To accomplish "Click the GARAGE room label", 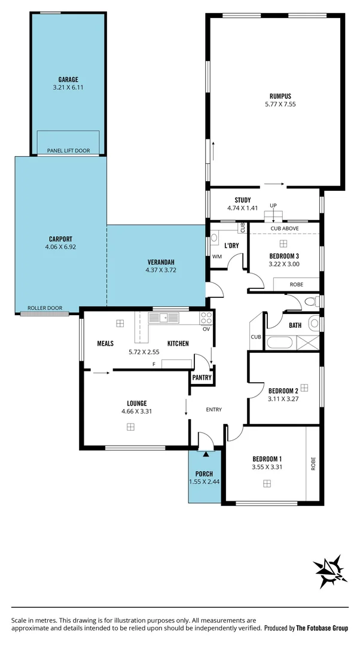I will click(68, 80).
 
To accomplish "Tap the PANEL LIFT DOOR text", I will click(68, 151).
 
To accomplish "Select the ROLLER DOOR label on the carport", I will click(45, 308).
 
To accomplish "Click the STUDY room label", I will click(242, 200).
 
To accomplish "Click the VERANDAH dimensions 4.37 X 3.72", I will click(160, 270).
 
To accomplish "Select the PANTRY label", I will click(202, 377).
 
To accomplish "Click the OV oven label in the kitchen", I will click(206, 329).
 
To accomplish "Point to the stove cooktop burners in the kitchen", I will click(206, 318).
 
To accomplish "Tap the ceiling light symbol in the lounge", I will click(130, 426).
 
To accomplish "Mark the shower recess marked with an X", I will click(309, 343).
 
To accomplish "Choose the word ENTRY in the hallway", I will click(213, 410).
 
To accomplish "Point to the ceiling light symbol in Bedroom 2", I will click(304, 387).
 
